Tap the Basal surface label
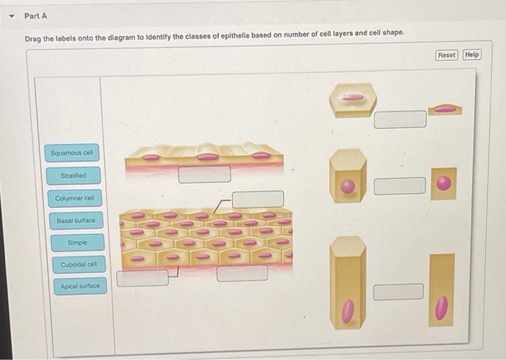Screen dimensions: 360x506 (x=75, y=220)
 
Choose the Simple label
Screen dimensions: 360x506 (x=76, y=243)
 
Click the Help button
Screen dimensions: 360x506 (x=471, y=55)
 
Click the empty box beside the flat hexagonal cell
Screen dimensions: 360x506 (x=400, y=119)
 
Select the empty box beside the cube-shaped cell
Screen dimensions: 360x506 (x=400, y=186)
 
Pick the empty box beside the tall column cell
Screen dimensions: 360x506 (x=398, y=291)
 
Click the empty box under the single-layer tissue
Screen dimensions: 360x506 (x=205, y=173)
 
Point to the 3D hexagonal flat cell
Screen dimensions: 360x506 (x=352, y=99)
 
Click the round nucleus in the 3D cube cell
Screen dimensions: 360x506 (x=348, y=187)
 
